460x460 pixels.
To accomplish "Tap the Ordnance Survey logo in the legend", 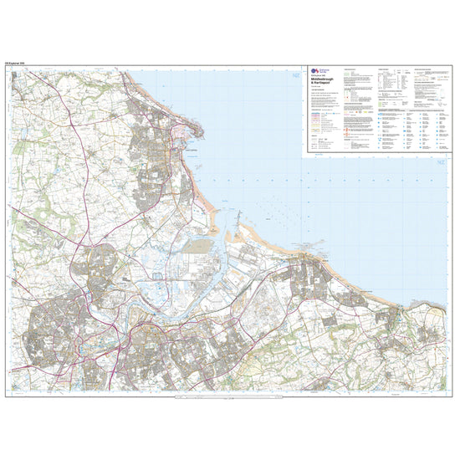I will point(315,73).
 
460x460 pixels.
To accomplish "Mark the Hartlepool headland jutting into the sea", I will point(198,128).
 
